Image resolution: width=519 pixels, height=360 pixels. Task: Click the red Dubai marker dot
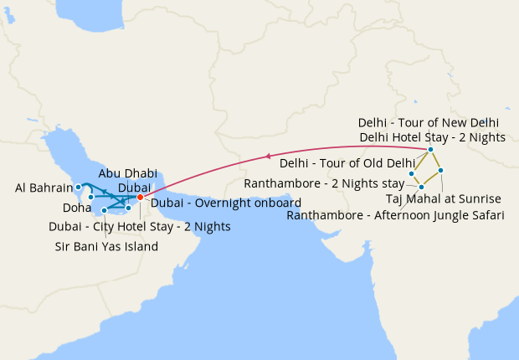(140, 198)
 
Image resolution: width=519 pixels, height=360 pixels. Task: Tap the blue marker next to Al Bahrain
(78, 187)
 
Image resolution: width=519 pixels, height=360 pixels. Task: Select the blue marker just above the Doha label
(91, 197)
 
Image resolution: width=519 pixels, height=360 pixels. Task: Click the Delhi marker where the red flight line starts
(430, 150)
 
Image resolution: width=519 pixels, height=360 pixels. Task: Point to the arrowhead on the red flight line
(267, 156)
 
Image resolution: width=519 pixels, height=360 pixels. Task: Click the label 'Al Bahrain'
(44, 188)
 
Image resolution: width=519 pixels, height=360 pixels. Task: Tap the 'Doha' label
(78, 208)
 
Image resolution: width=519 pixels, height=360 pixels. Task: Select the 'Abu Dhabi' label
(128, 173)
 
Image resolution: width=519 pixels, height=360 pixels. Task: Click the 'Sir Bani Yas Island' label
(106, 246)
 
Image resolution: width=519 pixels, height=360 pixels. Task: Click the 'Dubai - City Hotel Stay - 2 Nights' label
(139, 226)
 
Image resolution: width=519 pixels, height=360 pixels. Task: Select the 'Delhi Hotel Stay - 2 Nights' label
(431, 136)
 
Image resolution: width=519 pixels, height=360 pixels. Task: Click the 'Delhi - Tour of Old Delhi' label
(347, 163)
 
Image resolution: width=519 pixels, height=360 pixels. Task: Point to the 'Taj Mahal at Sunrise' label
(443, 198)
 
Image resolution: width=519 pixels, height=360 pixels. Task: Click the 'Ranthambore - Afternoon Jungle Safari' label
(395, 215)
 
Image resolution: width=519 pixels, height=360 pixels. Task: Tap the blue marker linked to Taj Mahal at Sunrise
(441, 171)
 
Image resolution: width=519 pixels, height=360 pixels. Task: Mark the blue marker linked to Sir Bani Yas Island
(104, 210)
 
